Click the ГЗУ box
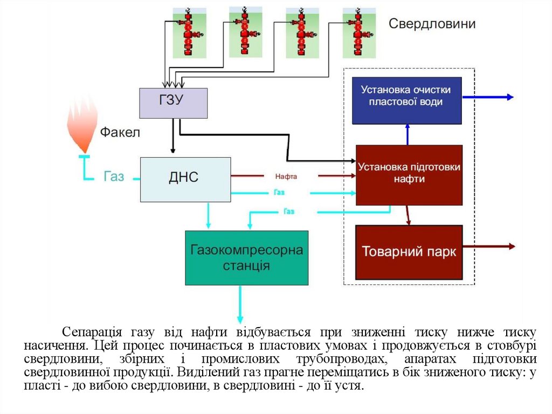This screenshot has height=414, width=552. tap(173, 103)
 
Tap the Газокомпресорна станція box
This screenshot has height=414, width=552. tap(246, 258)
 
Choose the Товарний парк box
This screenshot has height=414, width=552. tap(409, 252)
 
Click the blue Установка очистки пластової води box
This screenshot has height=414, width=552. tap(406, 100)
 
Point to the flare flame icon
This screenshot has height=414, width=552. tap(82, 127)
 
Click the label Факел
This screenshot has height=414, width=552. tap(120, 132)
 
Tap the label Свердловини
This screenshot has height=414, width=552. tap(432, 24)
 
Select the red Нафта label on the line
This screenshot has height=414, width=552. tap(286, 176)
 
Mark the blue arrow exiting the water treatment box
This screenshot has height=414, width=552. tap(488, 97)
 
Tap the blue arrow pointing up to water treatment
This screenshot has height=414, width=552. tap(408, 134)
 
